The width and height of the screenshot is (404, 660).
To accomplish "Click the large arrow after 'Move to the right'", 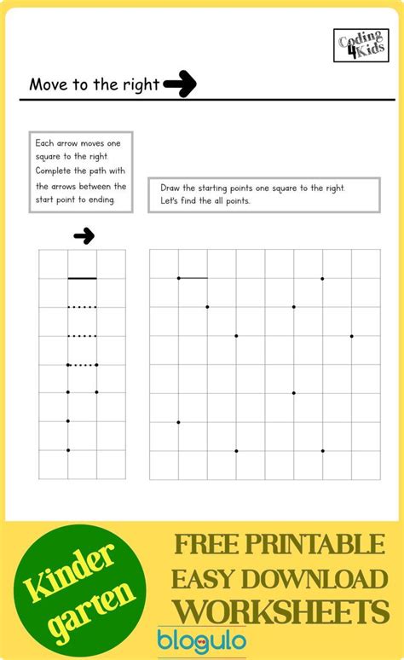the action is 180,84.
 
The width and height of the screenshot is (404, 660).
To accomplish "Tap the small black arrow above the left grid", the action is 84,236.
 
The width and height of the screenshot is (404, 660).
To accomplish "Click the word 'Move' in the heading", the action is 48,84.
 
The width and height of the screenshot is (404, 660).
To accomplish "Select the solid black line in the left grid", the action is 82,278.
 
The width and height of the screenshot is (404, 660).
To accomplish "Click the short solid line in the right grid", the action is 193,278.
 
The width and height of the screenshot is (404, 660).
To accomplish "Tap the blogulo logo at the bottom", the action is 202,640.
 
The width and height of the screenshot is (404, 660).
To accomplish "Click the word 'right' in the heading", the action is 141,84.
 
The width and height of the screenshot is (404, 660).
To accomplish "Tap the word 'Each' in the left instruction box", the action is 44,142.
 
